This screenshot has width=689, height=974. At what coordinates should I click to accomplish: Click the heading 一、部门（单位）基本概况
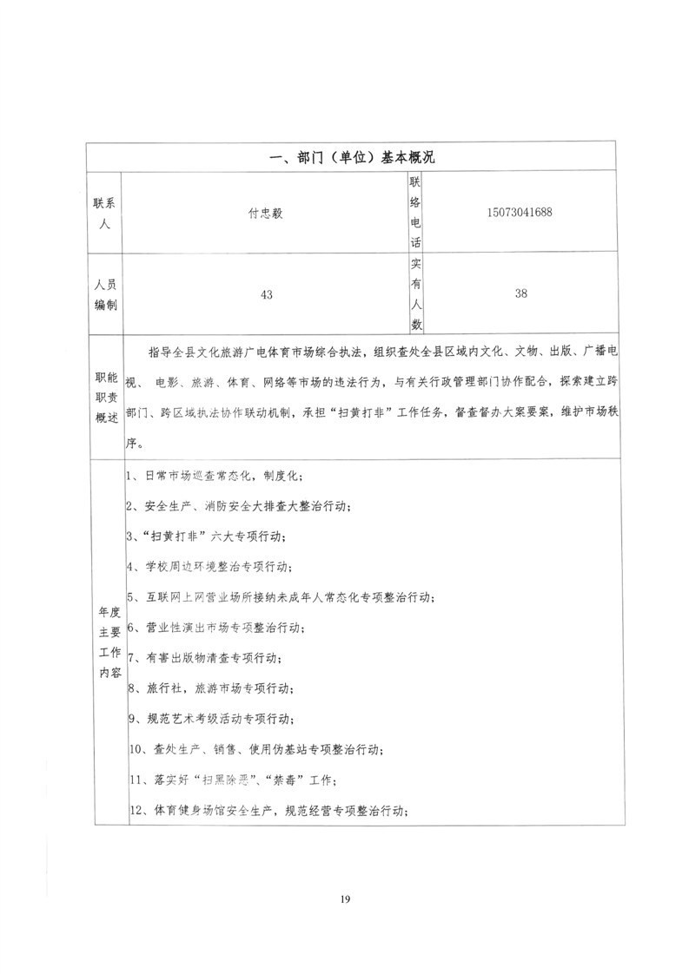[x=353, y=156]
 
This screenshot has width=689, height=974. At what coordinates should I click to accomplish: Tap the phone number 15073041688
[x=520, y=212]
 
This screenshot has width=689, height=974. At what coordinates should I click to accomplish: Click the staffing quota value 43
[x=266, y=294]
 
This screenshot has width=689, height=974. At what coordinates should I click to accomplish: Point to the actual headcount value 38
[x=520, y=293]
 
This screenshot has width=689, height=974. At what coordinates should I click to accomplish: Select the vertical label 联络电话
[x=415, y=213]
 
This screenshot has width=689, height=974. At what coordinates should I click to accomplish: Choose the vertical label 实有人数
[x=415, y=294]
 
